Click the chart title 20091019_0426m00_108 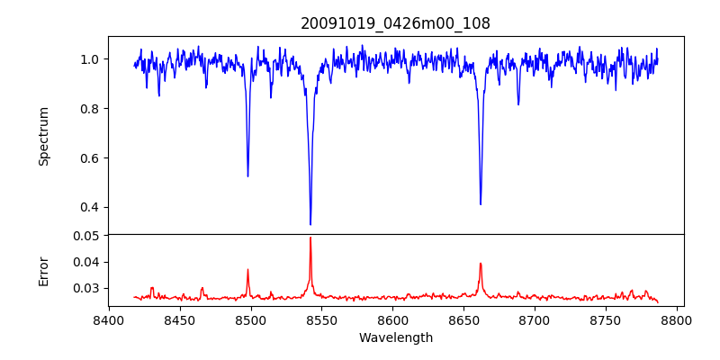(395, 23)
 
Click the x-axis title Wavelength (395, 337)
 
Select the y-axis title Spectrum (43, 136)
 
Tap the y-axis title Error (43, 270)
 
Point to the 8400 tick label (109, 319)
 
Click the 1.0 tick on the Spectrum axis (90, 59)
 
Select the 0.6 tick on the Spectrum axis (90, 158)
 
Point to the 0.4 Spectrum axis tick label (90, 208)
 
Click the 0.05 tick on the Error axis (86, 236)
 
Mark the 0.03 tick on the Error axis (86, 289)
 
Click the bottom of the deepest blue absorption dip (310, 224)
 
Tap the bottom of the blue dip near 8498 (247, 175)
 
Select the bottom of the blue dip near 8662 (481, 204)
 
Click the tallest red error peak (310, 238)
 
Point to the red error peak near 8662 (481, 264)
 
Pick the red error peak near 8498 (247, 270)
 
